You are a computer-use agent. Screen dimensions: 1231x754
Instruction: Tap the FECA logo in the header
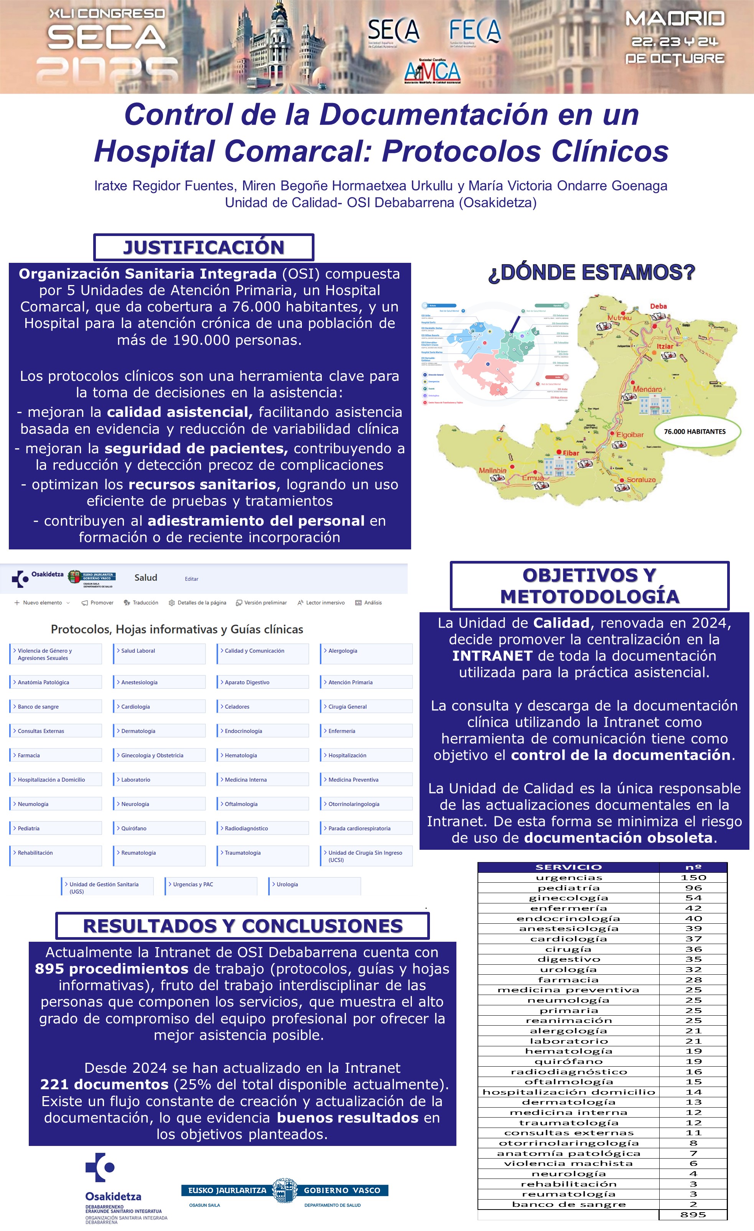pos(474,31)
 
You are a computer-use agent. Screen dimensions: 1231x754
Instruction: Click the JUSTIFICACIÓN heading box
pos(204,247)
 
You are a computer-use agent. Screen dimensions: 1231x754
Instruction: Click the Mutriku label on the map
pos(619,317)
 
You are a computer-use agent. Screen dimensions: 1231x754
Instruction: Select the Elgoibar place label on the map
pos(629,434)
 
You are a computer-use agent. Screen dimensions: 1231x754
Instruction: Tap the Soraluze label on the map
pos(640,480)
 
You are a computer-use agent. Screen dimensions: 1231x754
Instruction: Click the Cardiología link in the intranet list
pos(135,706)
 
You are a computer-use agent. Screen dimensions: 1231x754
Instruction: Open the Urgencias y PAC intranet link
pos(193,884)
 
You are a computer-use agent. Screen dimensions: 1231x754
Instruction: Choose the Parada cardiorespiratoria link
pos(359,828)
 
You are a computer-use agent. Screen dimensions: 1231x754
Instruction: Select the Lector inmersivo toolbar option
pos(324,603)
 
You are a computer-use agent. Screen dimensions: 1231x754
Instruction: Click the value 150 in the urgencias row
pos(693,878)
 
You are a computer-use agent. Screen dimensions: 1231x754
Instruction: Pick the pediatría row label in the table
pos(568,888)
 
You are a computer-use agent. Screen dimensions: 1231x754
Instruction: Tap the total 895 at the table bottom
pos(693,1215)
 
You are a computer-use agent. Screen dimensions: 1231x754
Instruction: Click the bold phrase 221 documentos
pos(104,1084)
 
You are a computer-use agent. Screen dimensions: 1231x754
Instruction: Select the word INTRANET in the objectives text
pos(492,656)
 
